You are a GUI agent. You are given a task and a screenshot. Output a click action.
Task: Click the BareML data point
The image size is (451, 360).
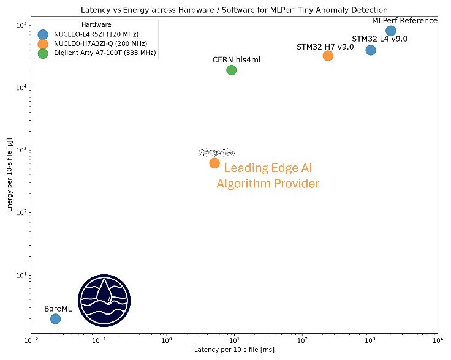[55, 319]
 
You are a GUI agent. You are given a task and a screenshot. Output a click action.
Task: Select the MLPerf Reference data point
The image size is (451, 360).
[391, 31]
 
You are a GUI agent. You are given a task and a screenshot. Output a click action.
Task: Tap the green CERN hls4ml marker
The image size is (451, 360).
[231, 70]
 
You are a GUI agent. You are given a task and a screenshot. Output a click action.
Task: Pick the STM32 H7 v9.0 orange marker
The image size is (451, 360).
[328, 56]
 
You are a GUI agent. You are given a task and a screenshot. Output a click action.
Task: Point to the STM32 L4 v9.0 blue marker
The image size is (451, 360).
[371, 50]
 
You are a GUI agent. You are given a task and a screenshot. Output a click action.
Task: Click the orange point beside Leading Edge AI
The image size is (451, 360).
[214, 163]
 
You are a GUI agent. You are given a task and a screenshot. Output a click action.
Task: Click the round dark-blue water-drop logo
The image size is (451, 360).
[105, 300]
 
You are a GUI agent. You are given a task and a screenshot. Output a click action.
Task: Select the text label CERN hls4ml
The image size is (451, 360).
[232, 59]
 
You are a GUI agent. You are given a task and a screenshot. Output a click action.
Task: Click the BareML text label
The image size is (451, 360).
[58, 309]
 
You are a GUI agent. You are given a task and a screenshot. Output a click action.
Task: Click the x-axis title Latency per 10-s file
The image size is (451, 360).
[233, 350]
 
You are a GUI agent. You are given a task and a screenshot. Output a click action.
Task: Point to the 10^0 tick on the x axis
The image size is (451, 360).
[166, 340]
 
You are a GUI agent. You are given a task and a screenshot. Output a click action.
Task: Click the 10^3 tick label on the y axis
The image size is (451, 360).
[20, 150]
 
